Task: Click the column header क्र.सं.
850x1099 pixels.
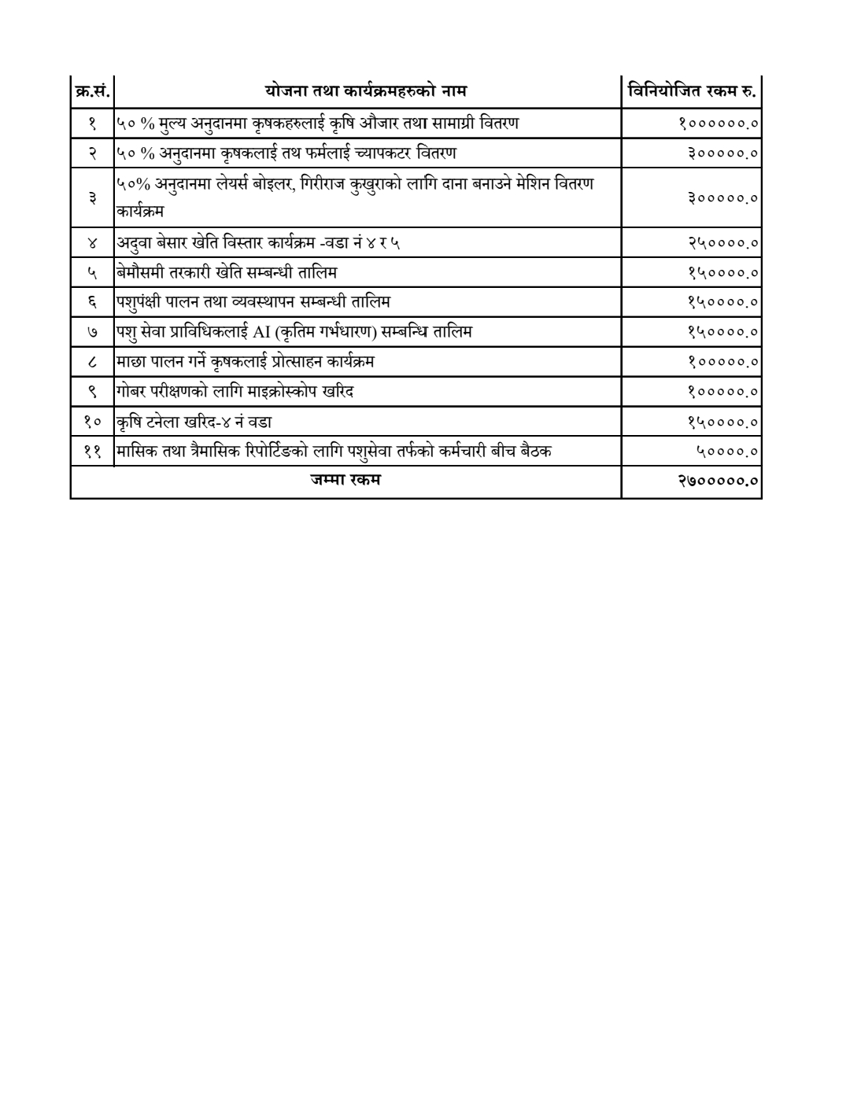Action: [x=91, y=92]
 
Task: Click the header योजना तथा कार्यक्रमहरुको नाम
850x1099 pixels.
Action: [x=366, y=92]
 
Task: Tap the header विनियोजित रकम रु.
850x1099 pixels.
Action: [x=692, y=92]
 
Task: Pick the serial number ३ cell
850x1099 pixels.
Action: [x=91, y=197]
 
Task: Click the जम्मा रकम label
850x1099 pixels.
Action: [x=346, y=479]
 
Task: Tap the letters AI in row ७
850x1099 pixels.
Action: [x=261, y=332]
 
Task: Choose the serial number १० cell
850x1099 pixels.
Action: [x=91, y=422]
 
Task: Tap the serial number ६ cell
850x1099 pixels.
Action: [x=91, y=302]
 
